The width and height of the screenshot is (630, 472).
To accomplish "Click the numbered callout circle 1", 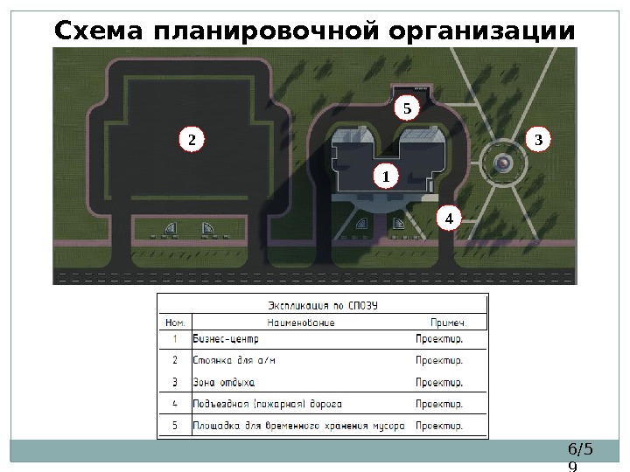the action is click(384, 177).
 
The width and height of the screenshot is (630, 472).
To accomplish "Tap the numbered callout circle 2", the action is click(192, 139).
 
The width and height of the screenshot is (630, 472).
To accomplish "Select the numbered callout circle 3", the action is click(538, 139).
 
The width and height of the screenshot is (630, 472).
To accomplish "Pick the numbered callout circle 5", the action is click(406, 109).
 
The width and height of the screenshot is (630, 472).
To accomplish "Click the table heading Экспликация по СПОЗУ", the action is click(327, 306).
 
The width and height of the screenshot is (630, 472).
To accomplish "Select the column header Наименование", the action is click(301, 323).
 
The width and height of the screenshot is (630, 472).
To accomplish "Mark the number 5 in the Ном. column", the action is click(174, 427).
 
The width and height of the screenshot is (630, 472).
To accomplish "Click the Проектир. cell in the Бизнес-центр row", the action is click(438, 338).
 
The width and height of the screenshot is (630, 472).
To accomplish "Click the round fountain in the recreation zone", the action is click(502, 163).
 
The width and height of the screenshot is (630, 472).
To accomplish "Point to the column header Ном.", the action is click(175, 323).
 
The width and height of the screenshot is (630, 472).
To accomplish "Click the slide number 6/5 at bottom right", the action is click(580, 449).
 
